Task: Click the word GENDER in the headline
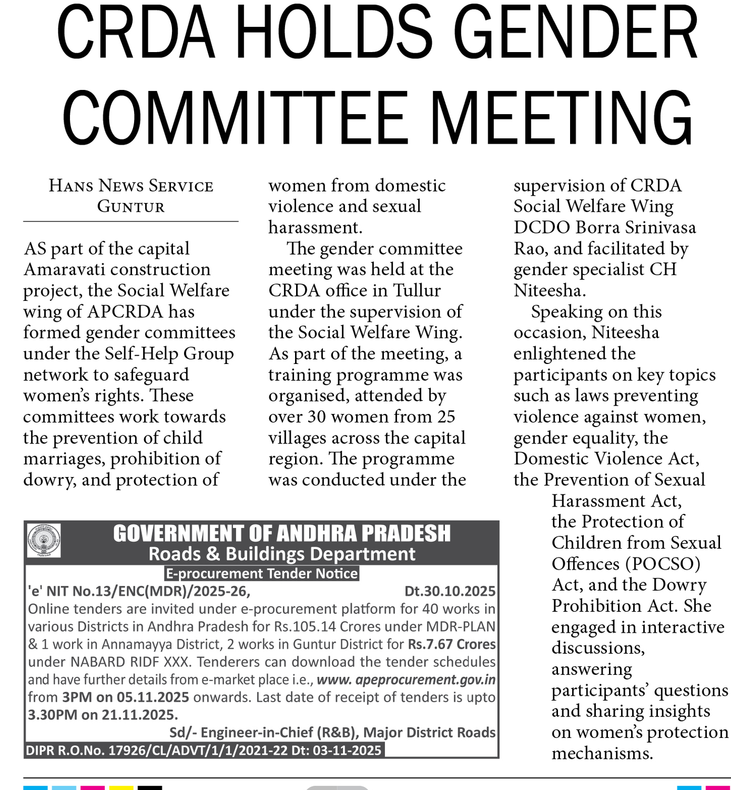tap(576, 34)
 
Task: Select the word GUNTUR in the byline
tap(131, 206)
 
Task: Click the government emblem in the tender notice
tap(44, 541)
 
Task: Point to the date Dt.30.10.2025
tap(450, 591)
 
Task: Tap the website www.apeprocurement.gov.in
tap(406, 680)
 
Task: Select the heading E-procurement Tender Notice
tap(261, 573)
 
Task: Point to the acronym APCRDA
tap(125, 311)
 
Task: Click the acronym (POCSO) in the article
tap(663, 564)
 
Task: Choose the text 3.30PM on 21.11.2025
tap(103, 715)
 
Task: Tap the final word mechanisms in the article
tap(602, 753)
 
